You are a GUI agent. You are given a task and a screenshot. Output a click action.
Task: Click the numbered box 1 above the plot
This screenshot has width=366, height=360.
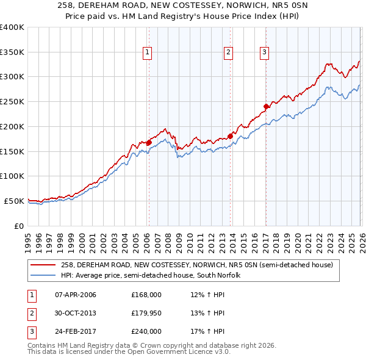[148, 53]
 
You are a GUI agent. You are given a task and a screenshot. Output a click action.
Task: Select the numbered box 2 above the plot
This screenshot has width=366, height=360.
[229, 53]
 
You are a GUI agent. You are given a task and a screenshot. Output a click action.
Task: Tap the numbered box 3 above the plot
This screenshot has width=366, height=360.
[265, 53]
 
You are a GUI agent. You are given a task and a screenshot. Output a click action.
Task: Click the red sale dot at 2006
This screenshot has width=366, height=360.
[149, 142]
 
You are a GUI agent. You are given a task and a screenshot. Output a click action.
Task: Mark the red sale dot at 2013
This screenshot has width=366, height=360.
[230, 135]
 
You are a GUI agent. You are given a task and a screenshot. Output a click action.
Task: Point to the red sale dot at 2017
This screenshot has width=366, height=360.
[266, 106]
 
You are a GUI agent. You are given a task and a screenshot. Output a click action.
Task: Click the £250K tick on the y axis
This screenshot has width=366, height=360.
[12, 102]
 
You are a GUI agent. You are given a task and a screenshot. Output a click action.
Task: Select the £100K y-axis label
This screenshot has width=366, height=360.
[12, 176]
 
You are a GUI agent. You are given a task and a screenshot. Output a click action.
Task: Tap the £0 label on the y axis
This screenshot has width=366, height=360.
[18, 226]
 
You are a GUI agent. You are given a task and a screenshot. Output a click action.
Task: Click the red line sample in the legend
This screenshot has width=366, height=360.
[43, 265]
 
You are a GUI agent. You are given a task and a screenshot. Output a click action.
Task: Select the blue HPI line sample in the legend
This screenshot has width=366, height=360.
[43, 275]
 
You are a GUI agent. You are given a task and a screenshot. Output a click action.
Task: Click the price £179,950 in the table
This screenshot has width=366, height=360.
[146, 313]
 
